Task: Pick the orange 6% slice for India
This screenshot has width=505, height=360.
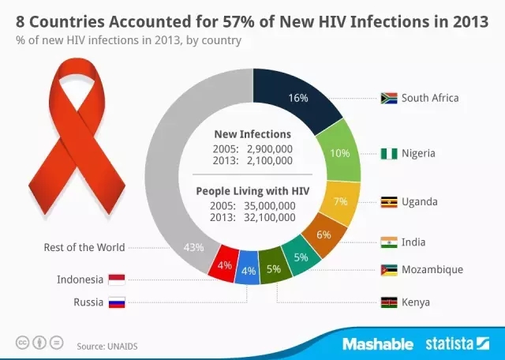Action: pyautogui.click(x=324, y=234)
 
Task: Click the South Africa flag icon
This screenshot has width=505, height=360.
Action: pyautogui.click(x=388, y=99)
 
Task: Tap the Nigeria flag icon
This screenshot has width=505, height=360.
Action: pyautogui.click(x=388, y=153)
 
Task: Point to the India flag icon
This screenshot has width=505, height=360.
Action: pyautogui.click(x=388, y=241)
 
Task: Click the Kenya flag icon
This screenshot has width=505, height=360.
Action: pyautogui.click(x=388, y=302)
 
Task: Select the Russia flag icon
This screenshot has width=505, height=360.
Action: pyautogui.click(x=116, y=302)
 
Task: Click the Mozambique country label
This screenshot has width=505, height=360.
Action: pyautogui.click(x=432, y=269)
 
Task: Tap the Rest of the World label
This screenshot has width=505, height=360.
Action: pyautogui.click(x=84, y=247)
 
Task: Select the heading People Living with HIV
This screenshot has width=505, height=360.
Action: pyautogui.click(x=252, y=190)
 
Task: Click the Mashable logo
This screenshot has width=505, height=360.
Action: pyautogui.click(x=378, y=344)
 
